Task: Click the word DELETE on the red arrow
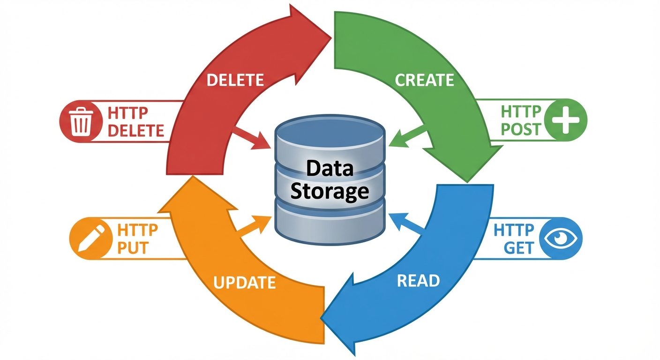235,80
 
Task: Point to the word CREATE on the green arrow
424,80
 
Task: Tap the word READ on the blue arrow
418,280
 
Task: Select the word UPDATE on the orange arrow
244,283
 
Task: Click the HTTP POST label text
521,120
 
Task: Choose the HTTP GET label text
514,239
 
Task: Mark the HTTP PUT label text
137,239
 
